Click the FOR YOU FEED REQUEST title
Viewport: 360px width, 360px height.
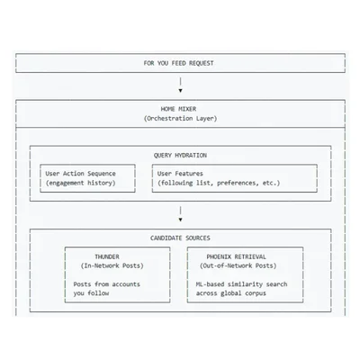point(178,63)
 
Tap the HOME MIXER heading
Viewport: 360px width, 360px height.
point(178,109)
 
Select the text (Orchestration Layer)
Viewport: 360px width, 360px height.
point(180,119)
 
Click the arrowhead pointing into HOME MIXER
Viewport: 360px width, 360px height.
point(180,91)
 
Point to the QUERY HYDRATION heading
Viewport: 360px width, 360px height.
point(180,156)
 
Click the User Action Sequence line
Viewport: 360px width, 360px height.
point(80,174)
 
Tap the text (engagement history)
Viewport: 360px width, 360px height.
point(80,183)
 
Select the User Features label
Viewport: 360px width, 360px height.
point(180,174)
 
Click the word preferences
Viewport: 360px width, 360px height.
point(238,183)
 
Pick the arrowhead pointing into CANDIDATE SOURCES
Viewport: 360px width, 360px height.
point(180,220)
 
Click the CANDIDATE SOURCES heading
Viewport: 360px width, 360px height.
point(180,238)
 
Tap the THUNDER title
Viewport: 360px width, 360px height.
point(107,256)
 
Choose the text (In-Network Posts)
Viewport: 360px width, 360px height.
point(112,265)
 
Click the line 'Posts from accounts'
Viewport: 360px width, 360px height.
point(106,284)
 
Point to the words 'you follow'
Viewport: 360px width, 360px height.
point(91,293)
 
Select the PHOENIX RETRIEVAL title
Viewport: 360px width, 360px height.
point(236,256)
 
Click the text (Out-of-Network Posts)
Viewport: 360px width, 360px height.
point(238,265)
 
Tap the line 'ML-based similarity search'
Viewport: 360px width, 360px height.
point(241,284)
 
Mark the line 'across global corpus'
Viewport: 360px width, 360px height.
point(231,293)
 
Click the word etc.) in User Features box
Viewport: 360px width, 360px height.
point(271,183)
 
